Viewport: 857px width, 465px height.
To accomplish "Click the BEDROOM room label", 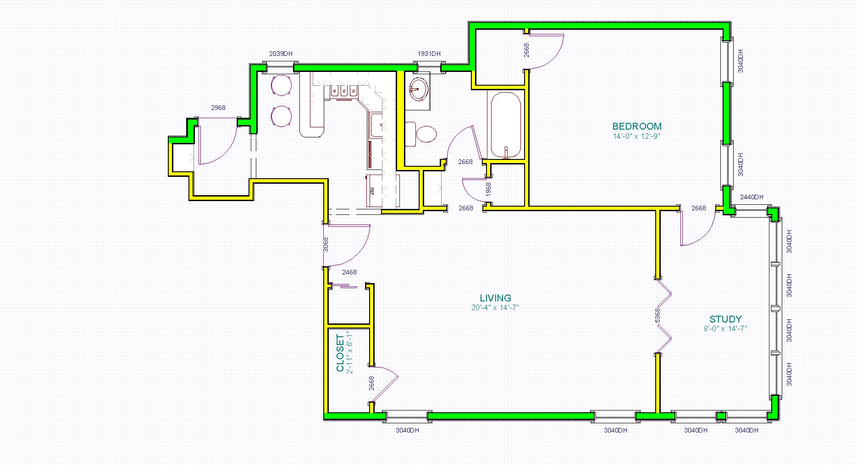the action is [637, 126].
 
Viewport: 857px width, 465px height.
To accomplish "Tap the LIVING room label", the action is [495, 298].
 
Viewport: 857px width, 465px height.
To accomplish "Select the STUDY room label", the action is [725, 319].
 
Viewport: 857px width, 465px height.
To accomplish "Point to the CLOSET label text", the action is [340, 353].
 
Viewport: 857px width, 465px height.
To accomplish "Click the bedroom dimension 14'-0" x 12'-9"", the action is [636, 136].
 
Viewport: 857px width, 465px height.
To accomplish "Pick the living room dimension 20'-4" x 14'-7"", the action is [495, 308].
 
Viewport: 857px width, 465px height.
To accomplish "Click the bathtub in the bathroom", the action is [506, 125].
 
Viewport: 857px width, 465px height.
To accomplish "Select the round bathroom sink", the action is [418, 89].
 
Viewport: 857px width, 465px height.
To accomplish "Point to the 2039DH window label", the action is [281, 54].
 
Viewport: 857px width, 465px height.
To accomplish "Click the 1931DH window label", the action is [429, 54].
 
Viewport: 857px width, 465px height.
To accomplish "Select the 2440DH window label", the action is [752, 197].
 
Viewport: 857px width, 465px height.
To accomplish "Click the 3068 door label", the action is [326, 245].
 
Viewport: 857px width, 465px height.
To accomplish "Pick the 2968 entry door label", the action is [218, 108].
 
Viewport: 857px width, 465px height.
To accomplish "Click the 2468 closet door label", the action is [349, 272].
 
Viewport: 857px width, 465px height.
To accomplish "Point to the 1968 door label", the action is [488, 190].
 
